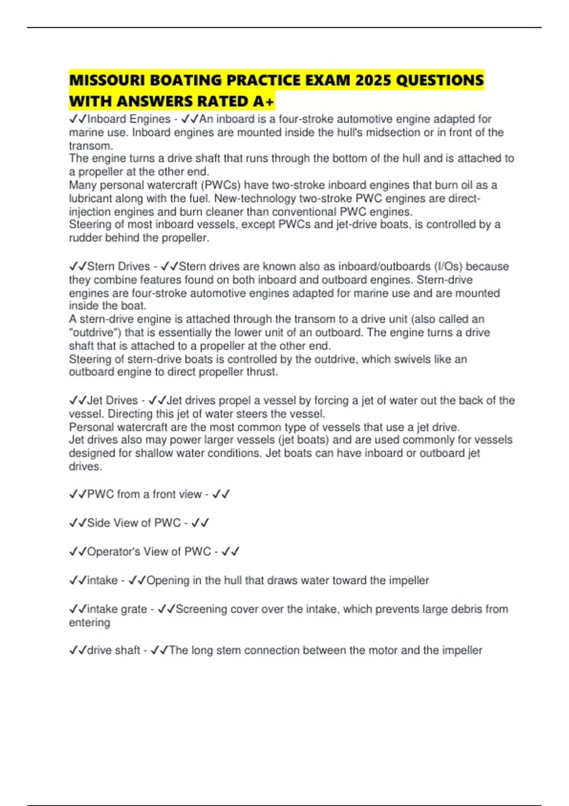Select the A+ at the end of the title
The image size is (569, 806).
pyautogui.click(x=264, y=101)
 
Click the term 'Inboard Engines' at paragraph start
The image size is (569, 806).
pyautogui.click(x=128, y=119)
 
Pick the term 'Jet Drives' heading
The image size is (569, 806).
pyautogui.click(x=112, y=401)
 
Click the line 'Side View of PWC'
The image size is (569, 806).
pyautogui.click(x=134, y=523)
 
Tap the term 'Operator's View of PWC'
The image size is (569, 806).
pyautogui.click(x=149, y=552)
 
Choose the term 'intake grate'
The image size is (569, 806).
pyautogui.click(x=117, y=609)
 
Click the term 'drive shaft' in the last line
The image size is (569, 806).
pyautogui.click(x=113, y=650)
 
